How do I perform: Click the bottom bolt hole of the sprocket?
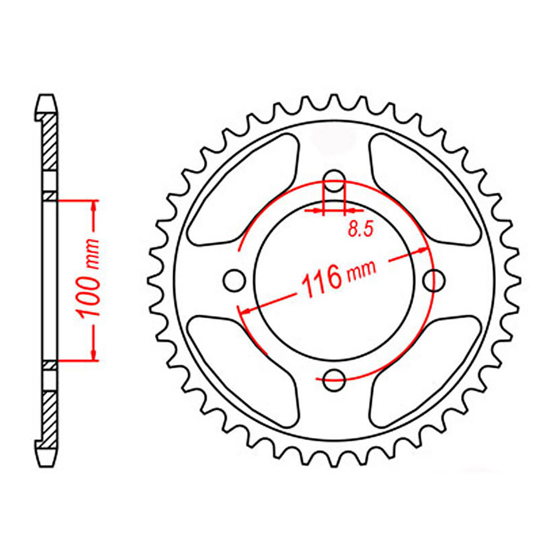[334, 379]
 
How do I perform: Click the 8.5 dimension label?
[361, 230]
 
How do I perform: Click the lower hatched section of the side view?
[50, 415]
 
